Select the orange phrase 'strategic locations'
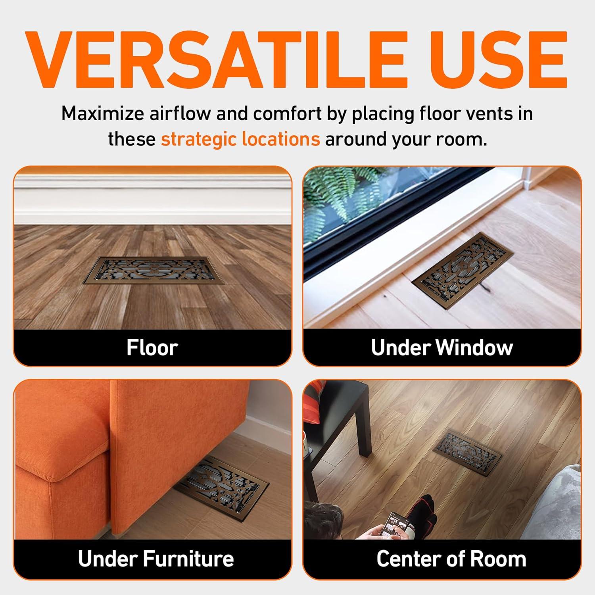[240, 139]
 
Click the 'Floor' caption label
[152, 347]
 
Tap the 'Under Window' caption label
[442, 347]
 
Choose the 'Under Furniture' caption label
[156, 559]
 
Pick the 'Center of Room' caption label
[451, 559]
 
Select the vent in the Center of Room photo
[471, 445]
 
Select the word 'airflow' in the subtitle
[180, 113]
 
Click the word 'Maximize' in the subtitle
[102, 113]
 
